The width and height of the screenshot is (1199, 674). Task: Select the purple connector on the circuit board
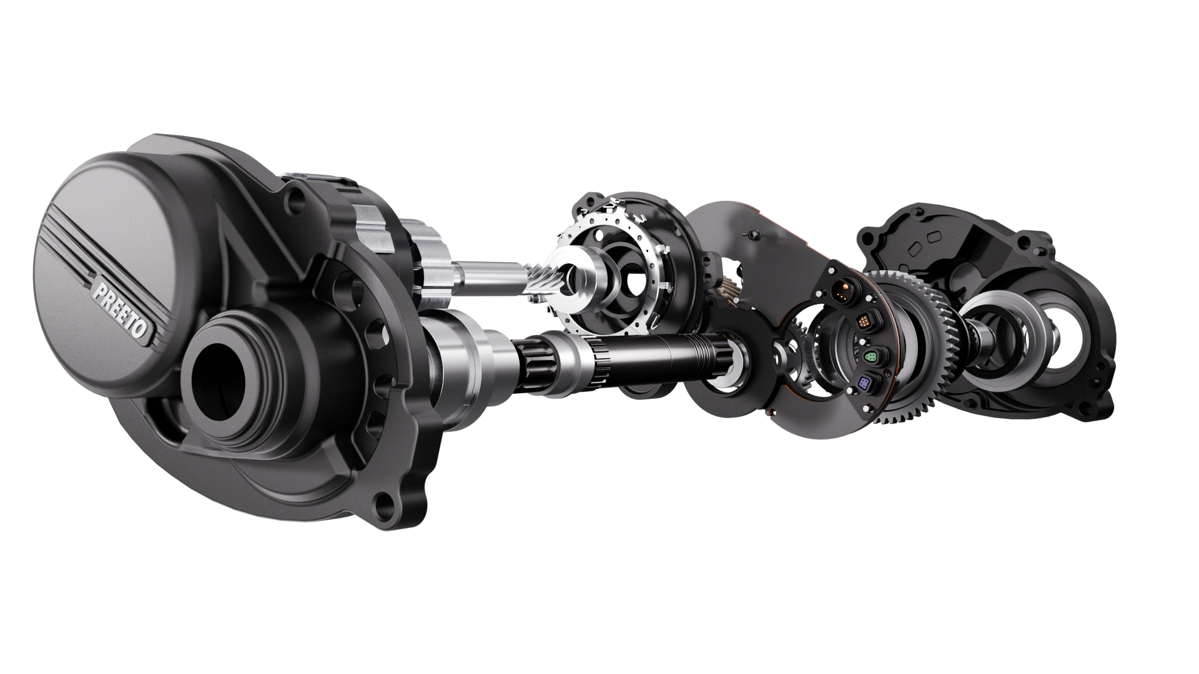[865, 383]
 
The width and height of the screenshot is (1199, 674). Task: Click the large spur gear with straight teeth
[918, 349]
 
